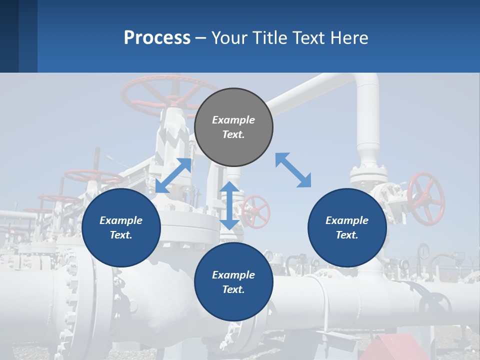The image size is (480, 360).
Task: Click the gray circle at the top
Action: click(233, 127)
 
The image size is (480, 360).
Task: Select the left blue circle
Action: click(121, 227)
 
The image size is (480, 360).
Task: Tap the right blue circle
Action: click(347, 227)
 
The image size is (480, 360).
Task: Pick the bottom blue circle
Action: click(233, 282)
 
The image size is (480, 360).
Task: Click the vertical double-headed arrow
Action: click(229, 205)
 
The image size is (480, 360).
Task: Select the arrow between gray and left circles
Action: click(173, 175)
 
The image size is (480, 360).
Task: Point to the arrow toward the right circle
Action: click(293, 170)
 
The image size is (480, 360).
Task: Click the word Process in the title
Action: click(157, 37)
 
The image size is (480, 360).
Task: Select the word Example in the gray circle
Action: click(233, 120)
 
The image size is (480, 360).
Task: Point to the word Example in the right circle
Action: click(347, 220)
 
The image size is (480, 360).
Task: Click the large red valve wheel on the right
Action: click(426, 198)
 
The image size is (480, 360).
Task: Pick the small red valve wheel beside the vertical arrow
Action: click(256, 211)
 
